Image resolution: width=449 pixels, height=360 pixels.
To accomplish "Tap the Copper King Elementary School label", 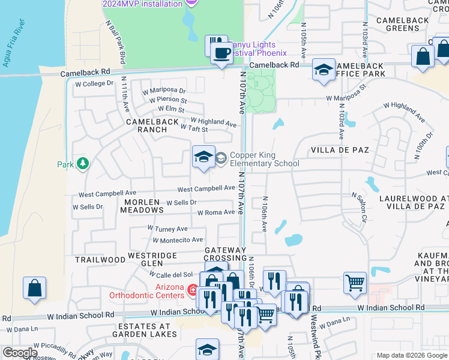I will click(x=264, y=159).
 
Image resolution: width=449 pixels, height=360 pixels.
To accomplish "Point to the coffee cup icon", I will click(x=221, y=52).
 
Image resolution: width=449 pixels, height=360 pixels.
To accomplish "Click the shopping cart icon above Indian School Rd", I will click(x=355, y=281).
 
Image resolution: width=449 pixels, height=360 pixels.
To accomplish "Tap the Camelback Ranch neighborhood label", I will click(x=152, y=125).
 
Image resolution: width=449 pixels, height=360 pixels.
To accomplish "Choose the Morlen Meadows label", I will click(x=142, y=206).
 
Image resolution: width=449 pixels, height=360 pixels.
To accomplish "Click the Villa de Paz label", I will click(x=339, y=149).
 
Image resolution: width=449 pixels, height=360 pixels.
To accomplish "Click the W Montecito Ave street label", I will click(x=178, y=240).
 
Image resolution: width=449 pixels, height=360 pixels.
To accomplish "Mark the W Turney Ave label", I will click(x=167, y=229).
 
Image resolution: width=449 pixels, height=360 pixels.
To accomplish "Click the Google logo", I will click(x=20, y=353).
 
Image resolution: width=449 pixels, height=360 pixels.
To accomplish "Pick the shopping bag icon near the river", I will click(x=34, y=287).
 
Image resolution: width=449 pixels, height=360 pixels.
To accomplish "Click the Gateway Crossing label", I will click(x=225, y=254).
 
